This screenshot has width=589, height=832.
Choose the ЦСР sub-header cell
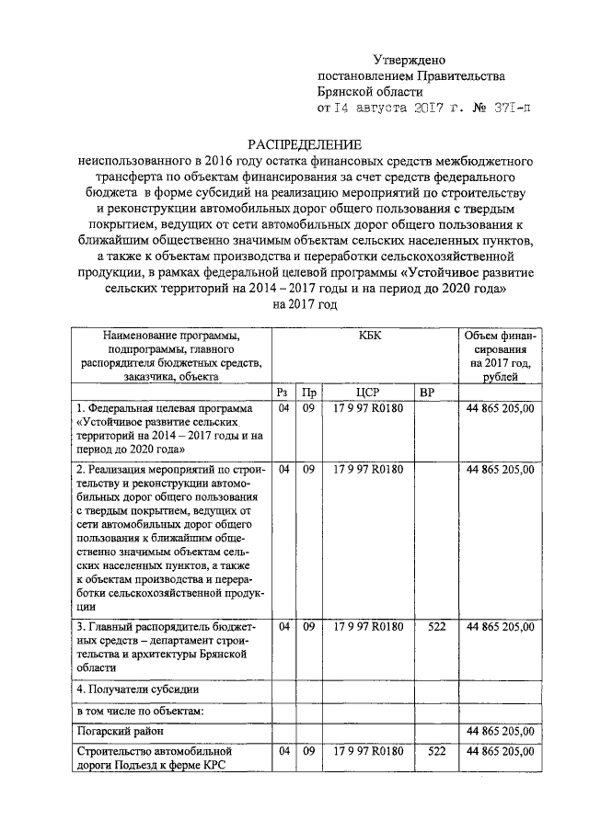pyautogui.click(x=368, y=393)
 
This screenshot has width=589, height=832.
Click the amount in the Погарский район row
pyautogui.click(x=501, y=732)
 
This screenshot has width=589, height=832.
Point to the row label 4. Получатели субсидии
pyautogui.click(x=138, y=689)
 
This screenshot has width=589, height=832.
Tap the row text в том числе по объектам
pyautogui.click(x=140, y=710)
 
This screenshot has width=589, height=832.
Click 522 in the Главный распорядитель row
pyautogui.click(x=437, y=626)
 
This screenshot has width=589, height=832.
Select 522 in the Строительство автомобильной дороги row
pyautogui.click(x=437, y=752)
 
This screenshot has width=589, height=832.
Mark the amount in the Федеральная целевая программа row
pyautogui.click(x=501, y=408)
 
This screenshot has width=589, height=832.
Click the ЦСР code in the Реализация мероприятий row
pyautogui.click(x=368, y=470)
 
